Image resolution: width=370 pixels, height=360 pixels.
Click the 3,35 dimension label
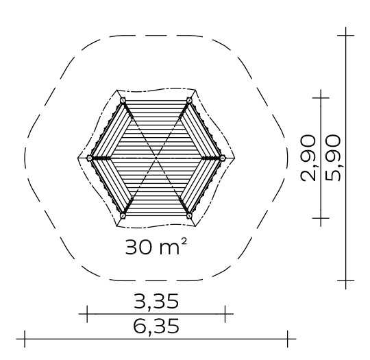(x=156, y=301)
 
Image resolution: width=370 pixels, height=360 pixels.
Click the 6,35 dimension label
(x=156, y=326)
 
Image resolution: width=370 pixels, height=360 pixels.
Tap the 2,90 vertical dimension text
(x=308, y=158)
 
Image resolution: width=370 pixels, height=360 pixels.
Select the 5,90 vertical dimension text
(x=333, y=158)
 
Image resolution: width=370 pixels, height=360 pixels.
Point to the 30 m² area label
(x=156, y=246)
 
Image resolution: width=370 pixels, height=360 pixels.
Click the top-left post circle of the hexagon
(x=123, y=101)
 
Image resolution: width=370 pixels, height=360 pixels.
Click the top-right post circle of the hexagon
(x=189, y=101)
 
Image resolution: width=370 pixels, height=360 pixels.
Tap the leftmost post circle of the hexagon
(x=90, y=158)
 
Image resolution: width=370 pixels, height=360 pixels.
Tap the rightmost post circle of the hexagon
(x=223, y=158)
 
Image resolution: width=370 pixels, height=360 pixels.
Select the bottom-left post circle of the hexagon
(x=123, y=215)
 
